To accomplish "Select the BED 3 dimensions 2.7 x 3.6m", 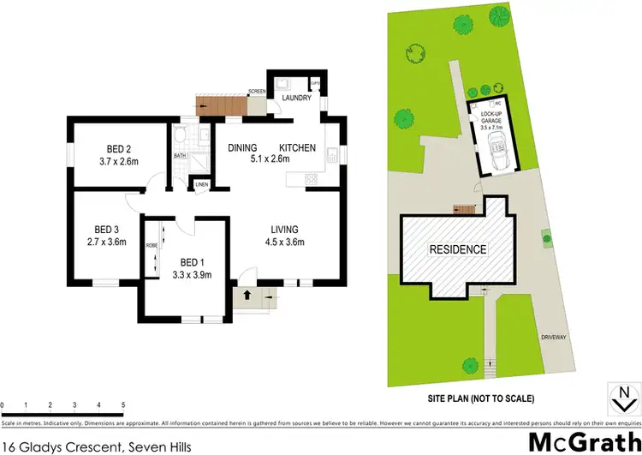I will click(x=110, y=242).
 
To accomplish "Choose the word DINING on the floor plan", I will click(x=244, y=148).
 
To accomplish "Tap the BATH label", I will click(x=180, y=156).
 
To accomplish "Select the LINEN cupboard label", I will click(x=201, y=184).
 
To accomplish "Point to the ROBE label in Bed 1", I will click(x=151, y=244).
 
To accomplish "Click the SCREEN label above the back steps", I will click(x=256, y=90).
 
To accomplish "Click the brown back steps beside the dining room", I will click(x=218, y=106).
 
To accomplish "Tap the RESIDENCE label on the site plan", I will click(x=457, y=249).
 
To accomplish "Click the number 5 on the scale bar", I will click(x=123, y=404).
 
